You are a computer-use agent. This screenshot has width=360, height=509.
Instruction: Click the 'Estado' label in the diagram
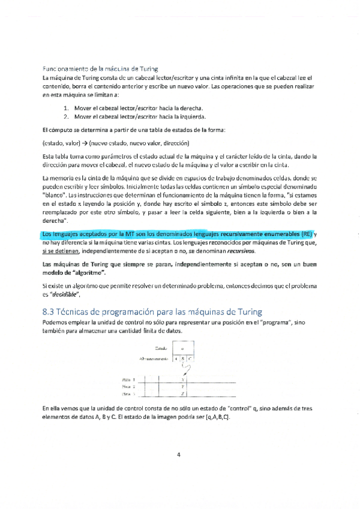tap(160, 348)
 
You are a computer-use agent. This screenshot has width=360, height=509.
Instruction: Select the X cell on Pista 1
tap(182, 379)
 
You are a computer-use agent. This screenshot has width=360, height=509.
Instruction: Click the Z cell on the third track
tap(182, 394)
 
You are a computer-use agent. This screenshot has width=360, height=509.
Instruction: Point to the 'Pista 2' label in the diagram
tap(128, 387)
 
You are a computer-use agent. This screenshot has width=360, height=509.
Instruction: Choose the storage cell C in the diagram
tap(189, 358)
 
